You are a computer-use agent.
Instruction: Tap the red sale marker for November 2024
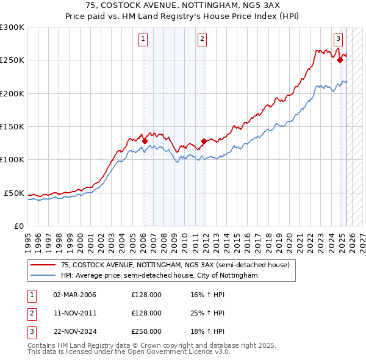click(x=340, y=60)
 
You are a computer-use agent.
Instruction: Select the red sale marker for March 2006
click(x=145, y=141)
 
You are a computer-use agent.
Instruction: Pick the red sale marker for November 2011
click(x=204, y=141)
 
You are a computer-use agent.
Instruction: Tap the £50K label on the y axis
click(x=14, y=193)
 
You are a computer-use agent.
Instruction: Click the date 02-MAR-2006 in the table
click(x=75, y=295)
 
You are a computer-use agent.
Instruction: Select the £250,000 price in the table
click(x=146, y=331)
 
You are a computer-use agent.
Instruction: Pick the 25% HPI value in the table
click(x=207, y=313)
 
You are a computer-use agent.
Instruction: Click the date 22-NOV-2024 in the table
click(x=75, y=331)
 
